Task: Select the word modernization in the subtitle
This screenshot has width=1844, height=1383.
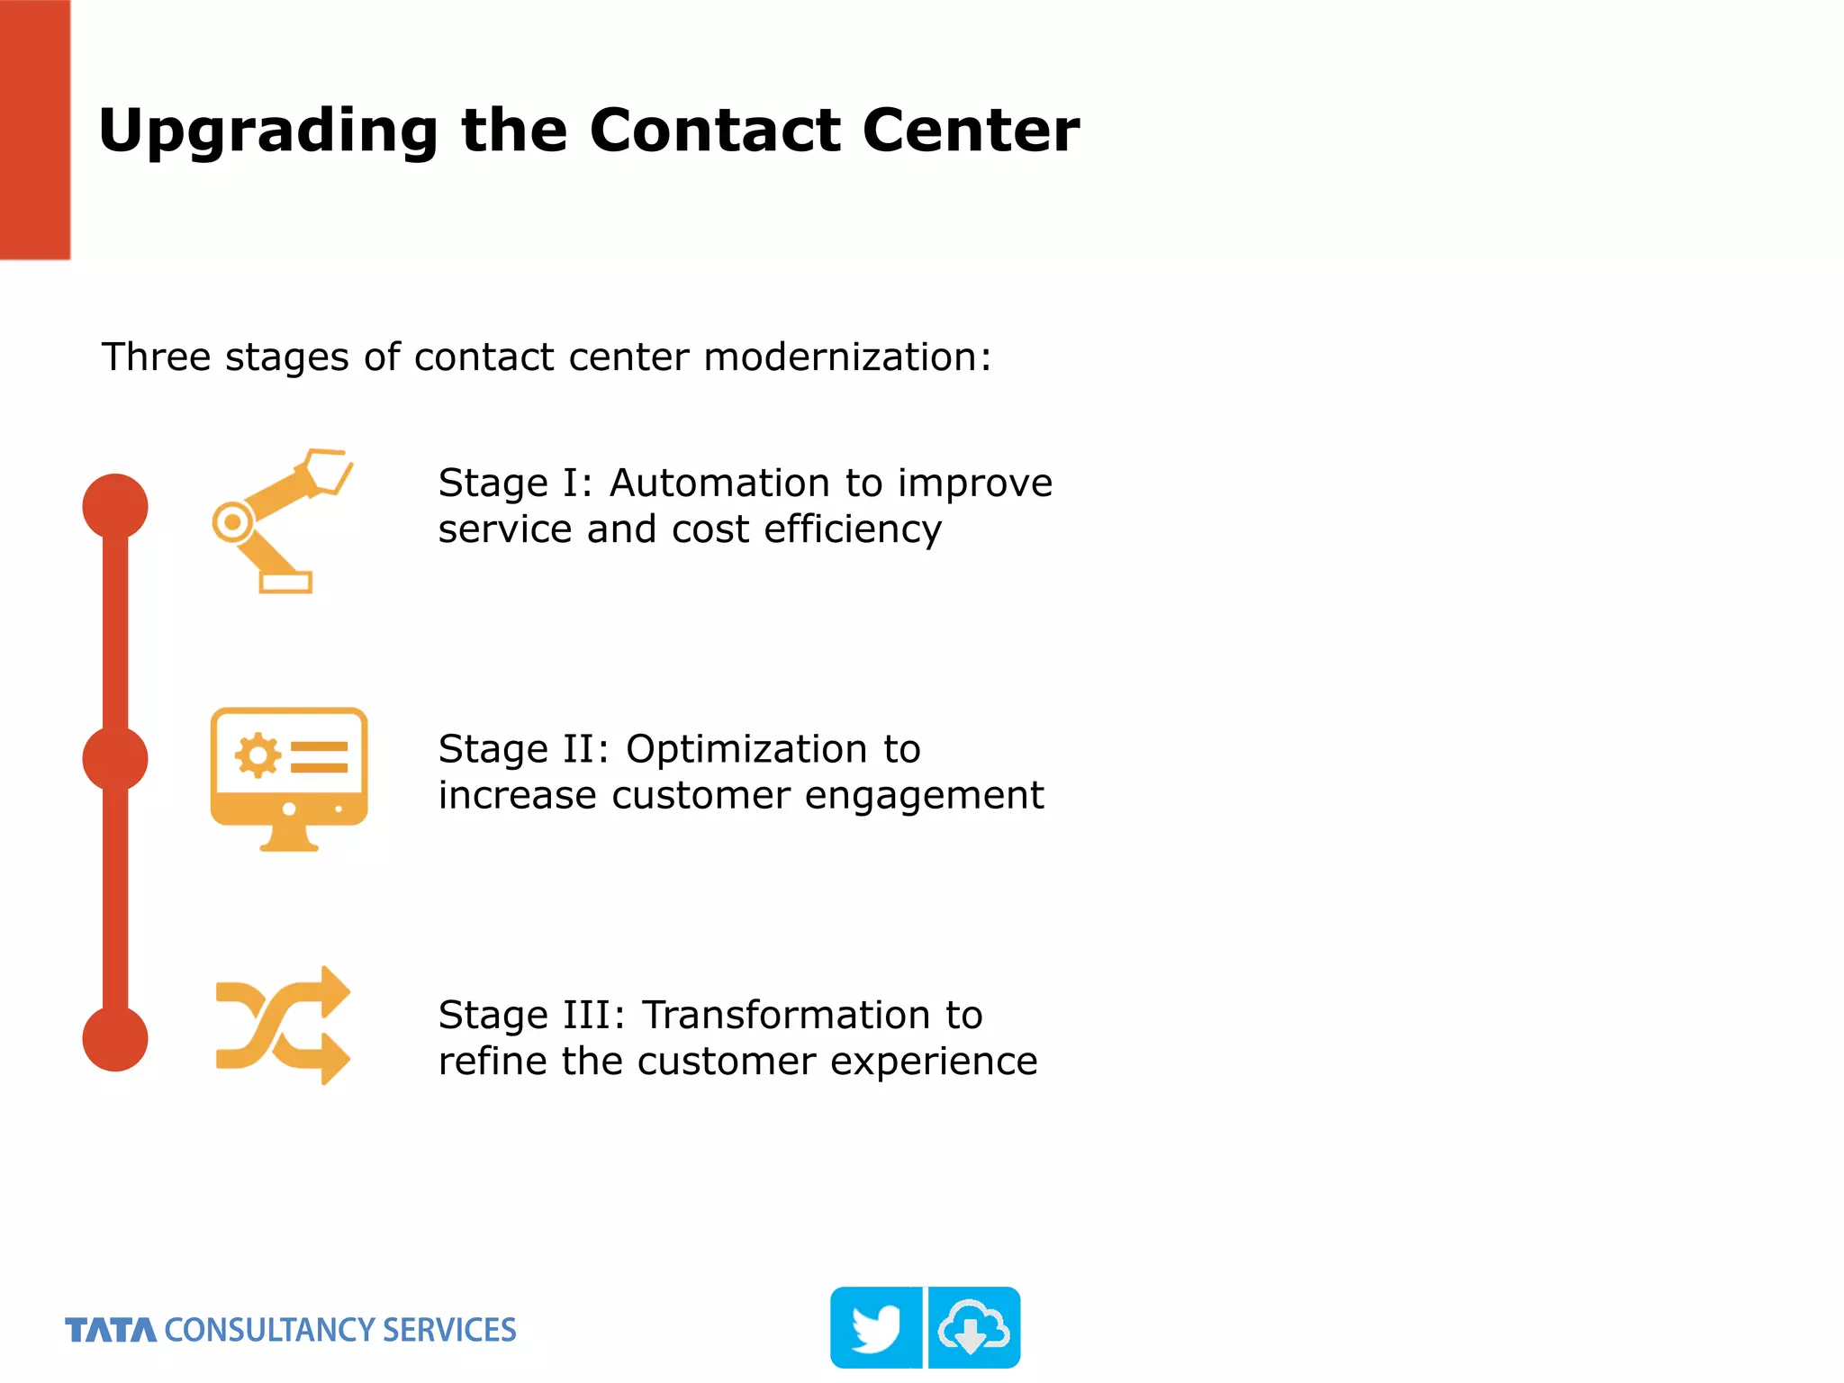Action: (846, 357)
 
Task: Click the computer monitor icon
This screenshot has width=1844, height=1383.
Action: (288, 778)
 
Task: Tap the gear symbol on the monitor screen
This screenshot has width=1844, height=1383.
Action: (258, 755)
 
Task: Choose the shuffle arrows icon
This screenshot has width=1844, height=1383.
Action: (283, 1026)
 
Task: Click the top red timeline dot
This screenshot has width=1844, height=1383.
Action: (115, 506)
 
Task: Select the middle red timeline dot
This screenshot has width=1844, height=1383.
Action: (115, 759)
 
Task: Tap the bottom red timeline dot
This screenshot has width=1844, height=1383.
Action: (115, 1038)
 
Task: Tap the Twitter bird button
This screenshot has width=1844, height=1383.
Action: (875, 1328)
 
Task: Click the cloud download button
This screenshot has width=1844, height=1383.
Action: (974, 1328)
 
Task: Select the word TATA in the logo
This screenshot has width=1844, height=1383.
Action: (111, 1331)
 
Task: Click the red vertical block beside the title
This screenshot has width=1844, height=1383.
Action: (34, 130)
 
